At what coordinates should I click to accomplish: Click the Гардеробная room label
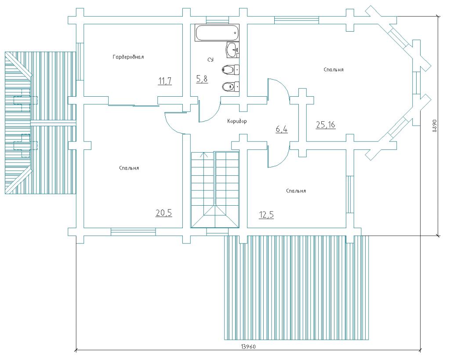tap(128, 57)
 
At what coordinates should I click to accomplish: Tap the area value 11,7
tap(165, 81)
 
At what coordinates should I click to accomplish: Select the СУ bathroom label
tap(210, 59)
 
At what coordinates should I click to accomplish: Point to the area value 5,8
tap(202, 79)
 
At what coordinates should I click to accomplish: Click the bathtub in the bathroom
tap(217, 33)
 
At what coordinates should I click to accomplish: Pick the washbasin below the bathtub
tap(233, 50)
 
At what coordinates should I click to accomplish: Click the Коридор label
tap(237, 121)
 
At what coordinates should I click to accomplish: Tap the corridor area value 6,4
tap(282, 129)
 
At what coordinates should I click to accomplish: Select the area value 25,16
tap(326, 124)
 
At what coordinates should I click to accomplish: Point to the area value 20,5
tap(164, 213)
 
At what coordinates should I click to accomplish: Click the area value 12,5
tap(266, 215)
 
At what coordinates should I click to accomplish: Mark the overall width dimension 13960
tap(248, 347)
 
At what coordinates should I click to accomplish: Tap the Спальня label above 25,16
tap(334, 69)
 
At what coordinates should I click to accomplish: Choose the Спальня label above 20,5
tap(129, 168)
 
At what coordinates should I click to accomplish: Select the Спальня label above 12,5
tap(296, 191)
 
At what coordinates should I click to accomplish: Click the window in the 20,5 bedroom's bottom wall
tap(133, 232)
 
